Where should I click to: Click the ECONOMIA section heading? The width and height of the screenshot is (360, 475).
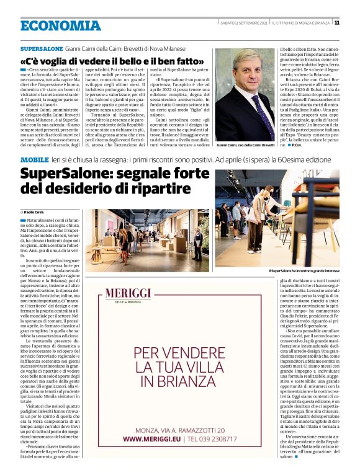[60, 26]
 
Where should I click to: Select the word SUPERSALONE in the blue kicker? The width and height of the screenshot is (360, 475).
[42, 48]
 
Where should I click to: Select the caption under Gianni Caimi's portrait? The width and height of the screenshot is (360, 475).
[245, 144]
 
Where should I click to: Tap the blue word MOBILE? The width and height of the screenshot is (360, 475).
[34, 160]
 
